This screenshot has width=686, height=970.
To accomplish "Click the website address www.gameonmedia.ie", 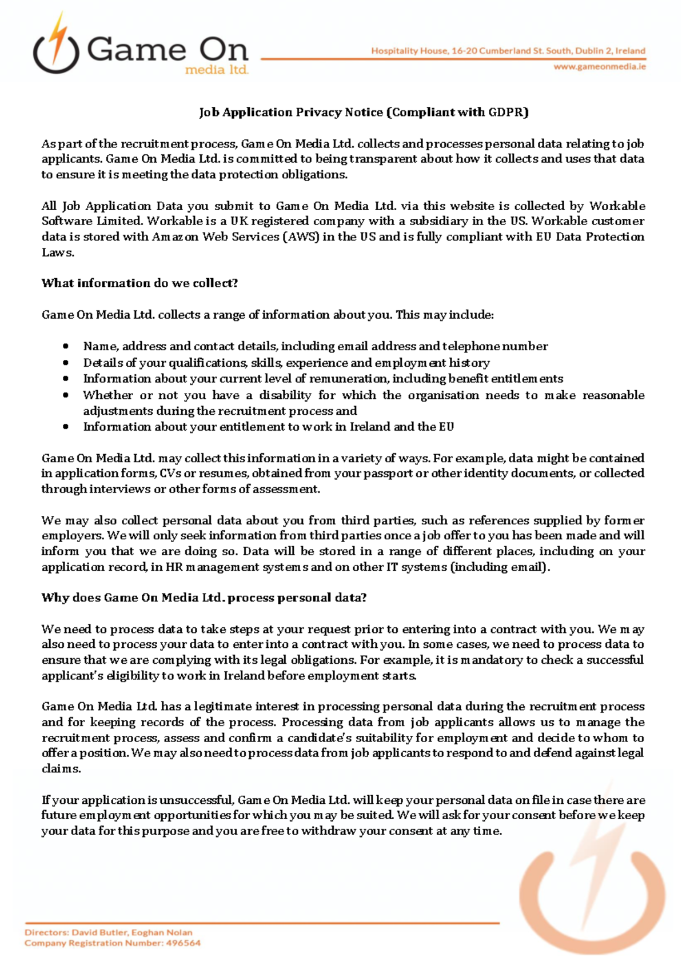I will pyautogui.click(x=599, y=67).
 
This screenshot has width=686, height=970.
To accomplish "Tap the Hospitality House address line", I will pyautogui.click(x=508, y=51).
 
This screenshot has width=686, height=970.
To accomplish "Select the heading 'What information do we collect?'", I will pyautogui.click(x=139, y=283).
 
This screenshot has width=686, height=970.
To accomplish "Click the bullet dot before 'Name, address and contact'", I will pyautogui.click(x=66, y=346).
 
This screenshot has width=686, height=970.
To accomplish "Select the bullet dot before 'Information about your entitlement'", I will pyautogui.click(x=66, y=427).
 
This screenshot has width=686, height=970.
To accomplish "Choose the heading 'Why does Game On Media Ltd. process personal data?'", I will pyautogui.click(x=204, y=598).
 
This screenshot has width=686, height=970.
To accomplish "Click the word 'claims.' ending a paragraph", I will pyautogui.click(x=61, y=769).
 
